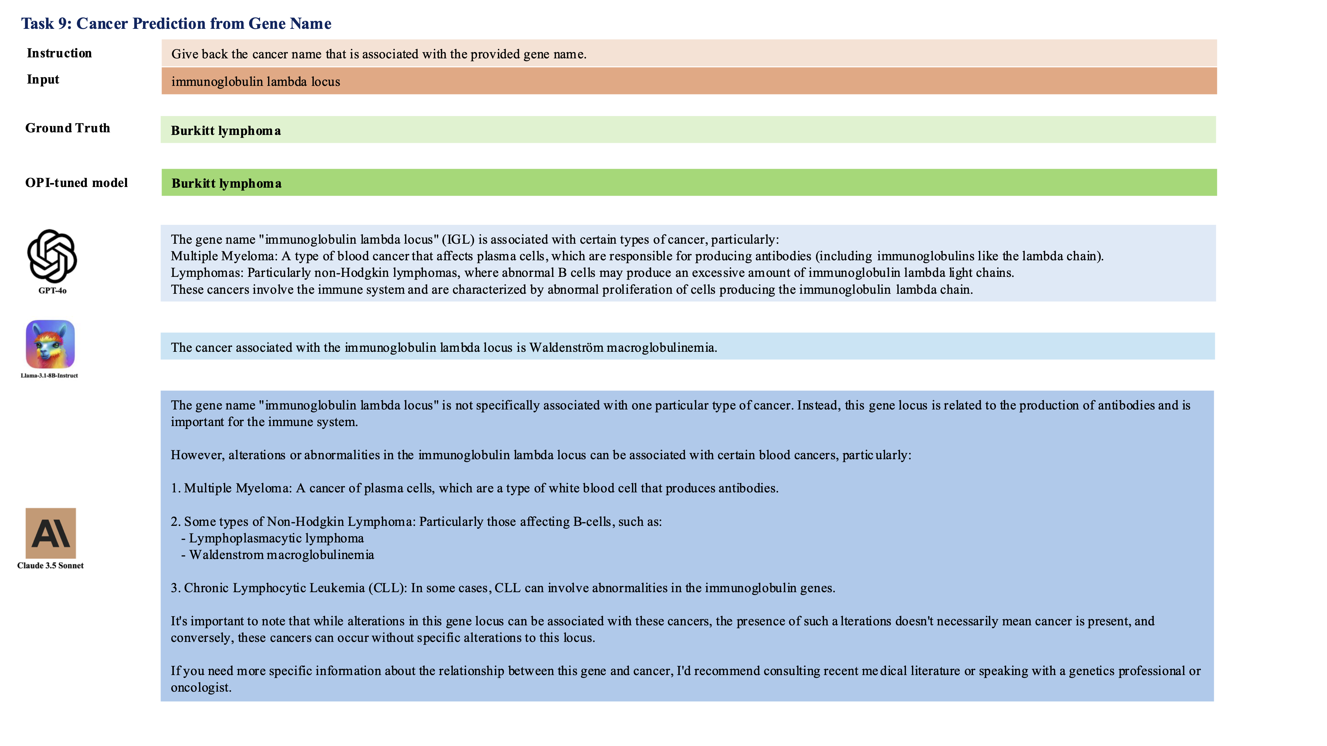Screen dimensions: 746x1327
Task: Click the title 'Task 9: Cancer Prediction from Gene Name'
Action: (x=176, y=24)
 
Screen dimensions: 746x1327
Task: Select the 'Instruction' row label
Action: (x=59, y=53)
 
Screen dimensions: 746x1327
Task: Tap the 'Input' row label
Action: (x=43, y=79)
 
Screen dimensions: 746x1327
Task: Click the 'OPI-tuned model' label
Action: (x=76, y=183)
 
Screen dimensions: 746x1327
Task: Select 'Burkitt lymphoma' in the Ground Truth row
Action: (x=226, y=131)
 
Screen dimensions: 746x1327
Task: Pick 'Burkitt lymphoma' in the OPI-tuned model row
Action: (x=226, y=184)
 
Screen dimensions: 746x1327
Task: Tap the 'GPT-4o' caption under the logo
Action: (x=52, y=290)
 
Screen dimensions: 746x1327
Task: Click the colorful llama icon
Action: (x=50, y=344)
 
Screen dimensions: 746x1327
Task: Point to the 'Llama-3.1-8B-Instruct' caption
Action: (x=49, y=375)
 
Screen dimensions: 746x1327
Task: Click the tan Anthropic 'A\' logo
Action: (x=50, y=533)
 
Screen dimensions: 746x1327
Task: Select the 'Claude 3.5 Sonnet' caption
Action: (x=50, y=565)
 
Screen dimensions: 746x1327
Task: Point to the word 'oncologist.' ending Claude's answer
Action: (x=201, y=687)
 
